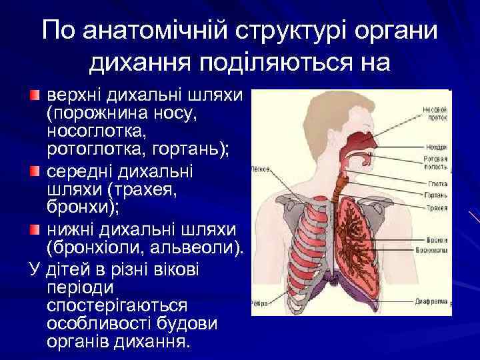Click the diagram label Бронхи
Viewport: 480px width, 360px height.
point(437,237)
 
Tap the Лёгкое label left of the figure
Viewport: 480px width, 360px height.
point(261,169)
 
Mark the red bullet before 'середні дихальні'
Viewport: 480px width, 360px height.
point(35,173)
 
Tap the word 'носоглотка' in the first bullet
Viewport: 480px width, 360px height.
point(96,128)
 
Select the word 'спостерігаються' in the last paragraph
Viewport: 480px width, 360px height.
point(117,306)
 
